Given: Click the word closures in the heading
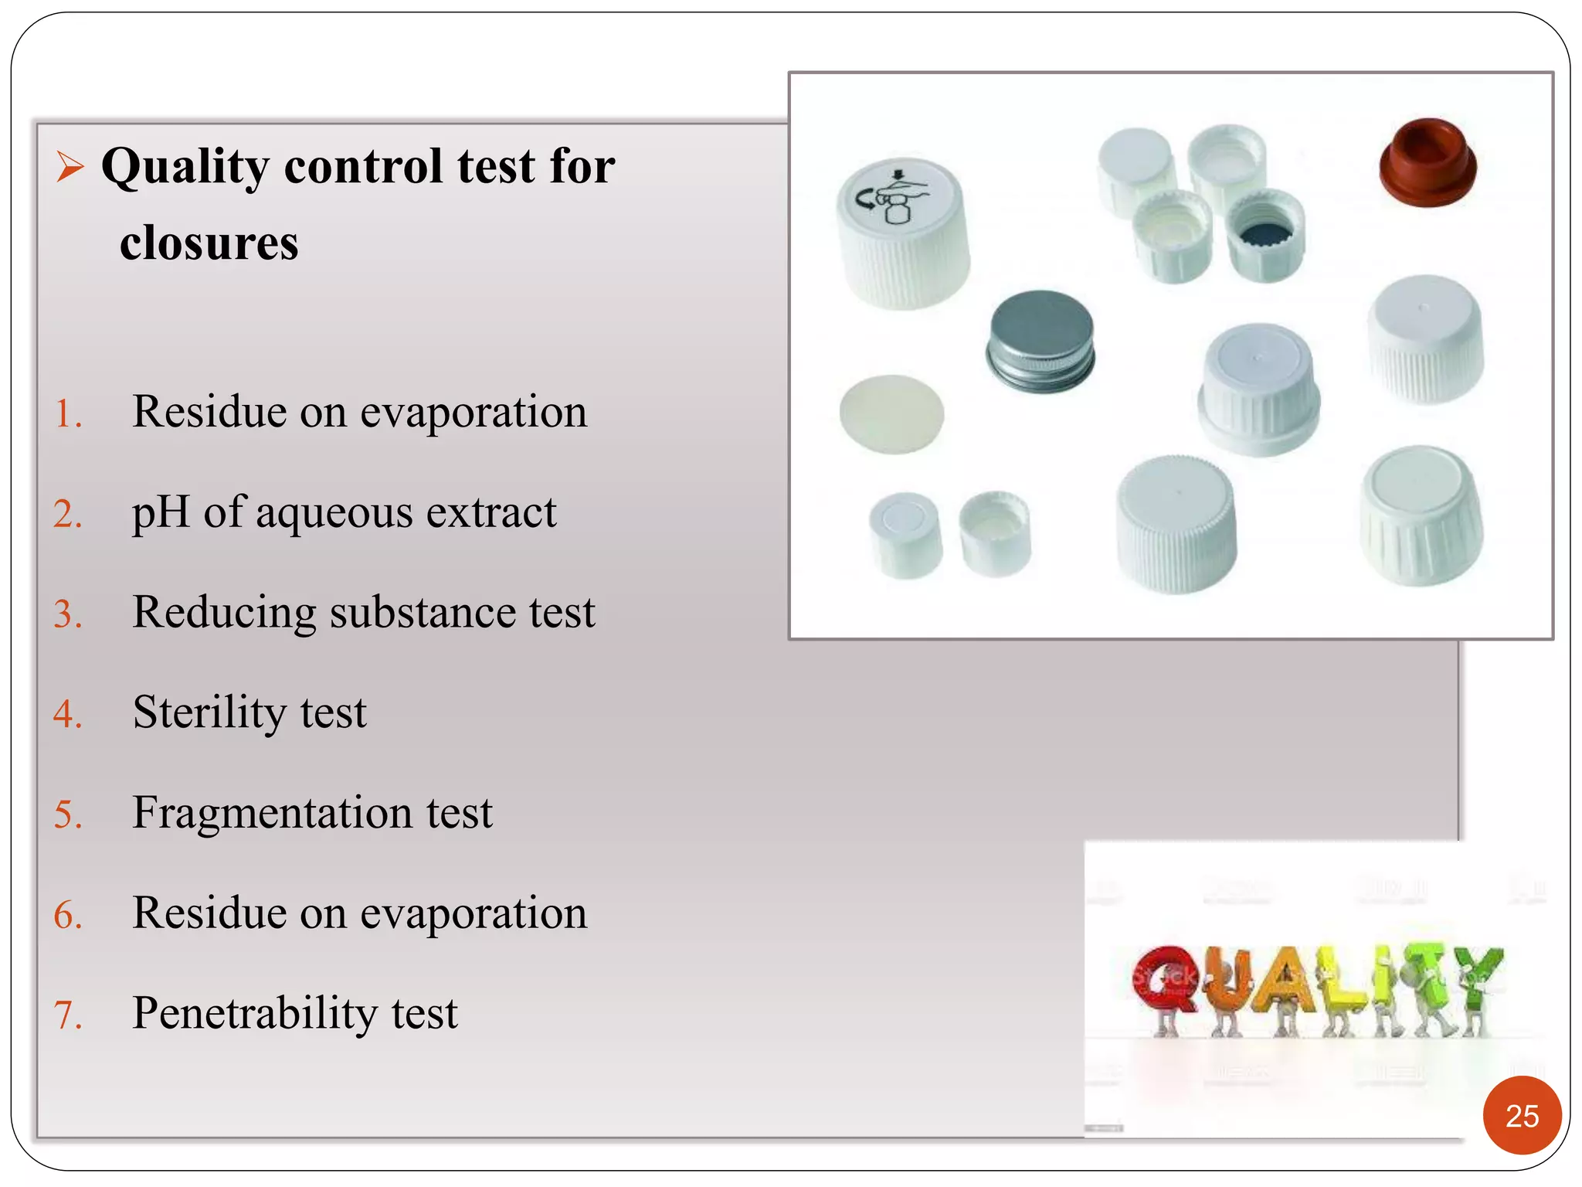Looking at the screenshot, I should point(209,243).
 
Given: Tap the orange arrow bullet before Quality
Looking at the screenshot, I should point(70,166).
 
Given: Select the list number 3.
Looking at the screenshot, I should point(67,614).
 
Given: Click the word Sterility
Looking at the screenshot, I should point(205,713).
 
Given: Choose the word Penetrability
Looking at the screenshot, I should point(255,1013).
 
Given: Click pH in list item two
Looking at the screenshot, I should point(160,513).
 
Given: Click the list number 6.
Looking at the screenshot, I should point(67,916).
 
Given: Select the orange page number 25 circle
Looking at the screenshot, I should point(1521,1115).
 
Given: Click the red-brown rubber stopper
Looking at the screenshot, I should point(1428,162).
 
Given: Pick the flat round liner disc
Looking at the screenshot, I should point(891,413).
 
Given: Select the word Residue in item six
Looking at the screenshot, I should point(209,913).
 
